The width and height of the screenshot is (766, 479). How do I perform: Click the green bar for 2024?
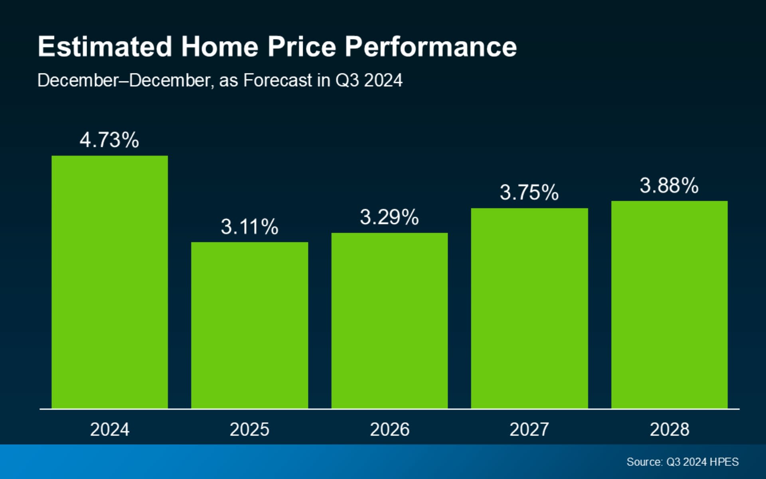[x=110, y=282]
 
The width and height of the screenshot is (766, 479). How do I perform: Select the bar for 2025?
[x=249, y=325]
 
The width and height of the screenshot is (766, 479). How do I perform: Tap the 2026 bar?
[x=389, y=321]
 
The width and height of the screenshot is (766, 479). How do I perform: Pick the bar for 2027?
[x=529, y=308]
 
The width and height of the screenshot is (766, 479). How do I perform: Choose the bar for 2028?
[x=669, y=305]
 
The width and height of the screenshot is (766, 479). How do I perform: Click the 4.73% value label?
[x=109, y=140]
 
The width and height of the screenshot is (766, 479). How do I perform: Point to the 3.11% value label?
[x=249, y=227]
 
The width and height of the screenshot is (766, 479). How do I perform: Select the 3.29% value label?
[x=389, y=217]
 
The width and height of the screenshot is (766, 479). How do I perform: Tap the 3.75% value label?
[x=529, y=192]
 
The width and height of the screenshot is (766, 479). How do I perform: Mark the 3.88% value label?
[x=669, y=186]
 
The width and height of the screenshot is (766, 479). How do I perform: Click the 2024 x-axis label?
[x=110, y=430]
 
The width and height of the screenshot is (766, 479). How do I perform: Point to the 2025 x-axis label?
[x=249, y=430]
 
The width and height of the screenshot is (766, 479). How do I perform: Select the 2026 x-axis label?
[x=390, y=430]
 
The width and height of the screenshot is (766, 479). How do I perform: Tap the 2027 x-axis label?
[x=529, y=430]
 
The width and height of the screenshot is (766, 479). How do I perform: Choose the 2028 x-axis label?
[x=669, y=430]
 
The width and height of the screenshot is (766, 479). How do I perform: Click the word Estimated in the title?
[x=105, y=47]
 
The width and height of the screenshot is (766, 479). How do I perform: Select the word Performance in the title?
[x=431, y=47]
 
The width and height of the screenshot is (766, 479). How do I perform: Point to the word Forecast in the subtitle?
[x=278, y=80]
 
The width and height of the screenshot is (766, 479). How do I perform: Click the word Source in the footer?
[x=644, y=462]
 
